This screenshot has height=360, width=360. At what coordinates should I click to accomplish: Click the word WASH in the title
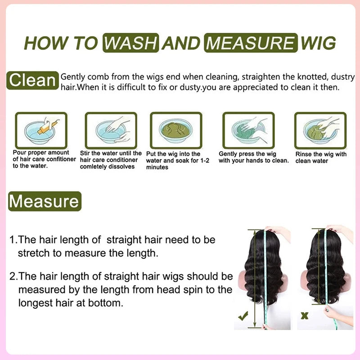(130, 43)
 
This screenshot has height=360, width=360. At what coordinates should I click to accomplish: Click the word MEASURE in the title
(251, 43)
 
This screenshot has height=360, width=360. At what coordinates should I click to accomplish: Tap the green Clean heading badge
(33, 81)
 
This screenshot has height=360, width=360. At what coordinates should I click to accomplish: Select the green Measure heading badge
(45, 201)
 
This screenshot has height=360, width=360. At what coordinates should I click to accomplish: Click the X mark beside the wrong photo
(305, 315)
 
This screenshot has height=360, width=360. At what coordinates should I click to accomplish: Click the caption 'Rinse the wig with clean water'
(321, 157)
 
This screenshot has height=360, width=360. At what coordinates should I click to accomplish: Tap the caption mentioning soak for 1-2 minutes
(177, 160)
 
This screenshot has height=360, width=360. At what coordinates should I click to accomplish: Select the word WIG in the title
(319, 43)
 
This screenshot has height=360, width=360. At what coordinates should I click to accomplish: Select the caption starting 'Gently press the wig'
(253, 157)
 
